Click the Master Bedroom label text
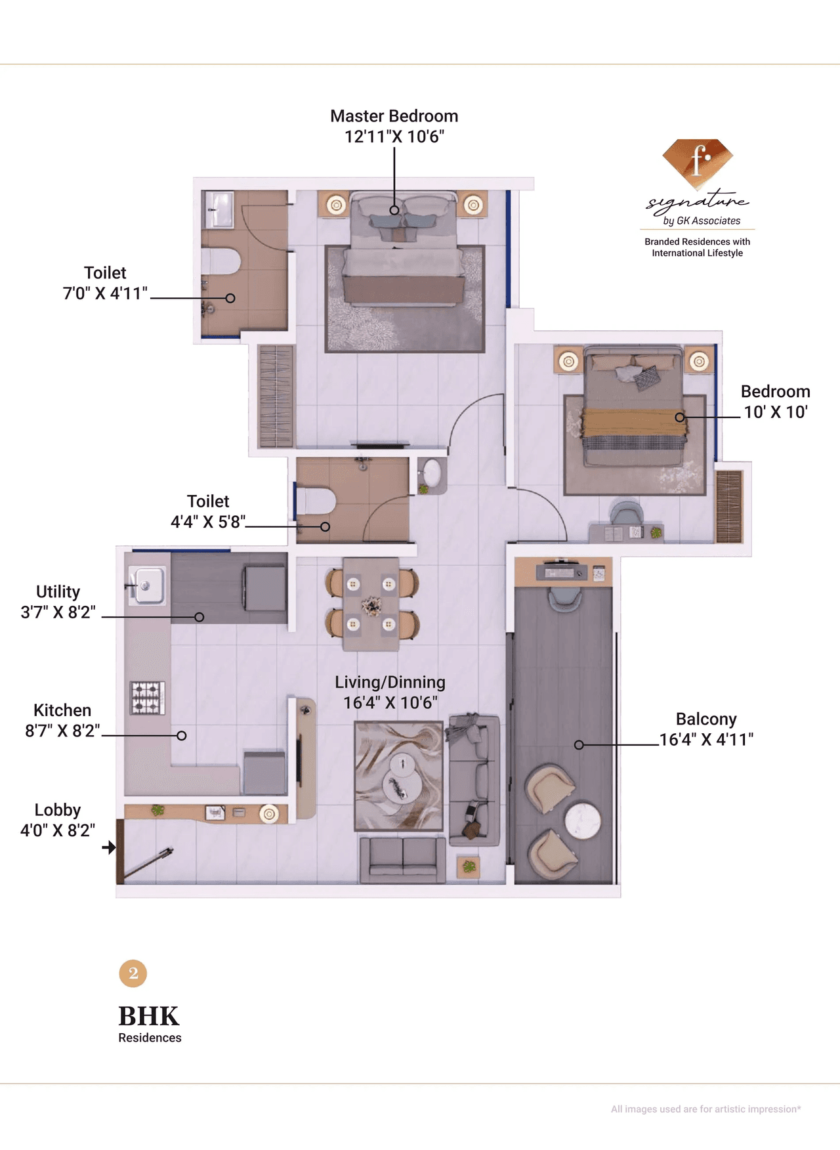pyautogui.click(x=394, y=116)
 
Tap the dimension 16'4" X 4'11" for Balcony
pyautogui.click(x=706, y=740)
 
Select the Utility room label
pyautogui.click(x=58, y=591)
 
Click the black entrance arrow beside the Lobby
pyautogui.click(x=109, y=847)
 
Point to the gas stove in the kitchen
pyautogui.click(x=148, y=698)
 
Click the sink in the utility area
pyautogui.click(x=147, y=585)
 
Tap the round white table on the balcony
pyautogui.click(x=583, y=820)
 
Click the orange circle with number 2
pyautogui.click(x=133, y=973)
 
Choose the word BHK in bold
pyautogui.click(x=148, y=1016)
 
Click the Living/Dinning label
pyautogui.click(x=390, y=682)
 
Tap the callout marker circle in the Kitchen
pyautogui.click(x=182, y=736)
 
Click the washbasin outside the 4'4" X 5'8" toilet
pyautogui.click(x=431, y=472)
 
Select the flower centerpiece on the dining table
pyautogui.click(x=371, y=606)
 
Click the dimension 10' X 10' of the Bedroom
pyautogui.click(x=775, y=412)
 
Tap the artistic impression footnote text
pyautogui.click(x=705, y=1109)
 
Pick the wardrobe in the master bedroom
pyautogui.click(x=276, y=396)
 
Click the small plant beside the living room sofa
pyautogui.click(x=469, y=867)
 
